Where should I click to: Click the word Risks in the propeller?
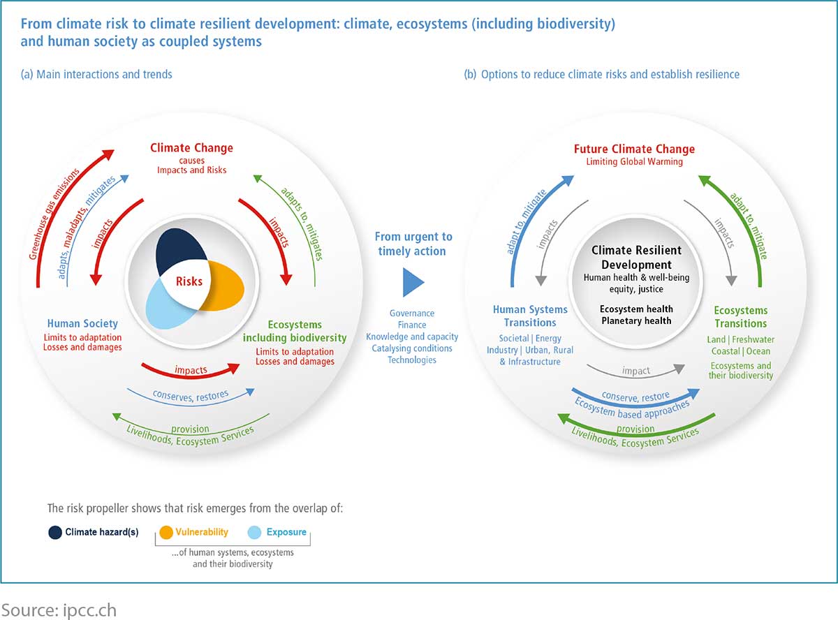tap(189, 281)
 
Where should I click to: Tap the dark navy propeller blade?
tap(177, 249)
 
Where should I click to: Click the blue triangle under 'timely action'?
tap(413, 282)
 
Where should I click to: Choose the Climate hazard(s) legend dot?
tap(55, 532)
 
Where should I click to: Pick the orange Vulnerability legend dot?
tap(166, 532)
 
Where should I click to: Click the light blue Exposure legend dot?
tap(254, 532)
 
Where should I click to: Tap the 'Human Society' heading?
tap(82, 323)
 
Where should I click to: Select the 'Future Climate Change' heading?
tap(634, 149)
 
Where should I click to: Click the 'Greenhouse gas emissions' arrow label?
tap(54, 214)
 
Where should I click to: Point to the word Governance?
tap(412, 313)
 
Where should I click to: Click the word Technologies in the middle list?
tap(412, 360)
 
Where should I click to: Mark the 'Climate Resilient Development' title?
tap(637, 258)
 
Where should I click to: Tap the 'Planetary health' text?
tap(637, 320)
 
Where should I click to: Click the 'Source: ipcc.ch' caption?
tap(59, 610)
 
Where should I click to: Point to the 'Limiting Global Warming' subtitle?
tap(634, 162)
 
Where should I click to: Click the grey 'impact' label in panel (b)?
tap(636, 371)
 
